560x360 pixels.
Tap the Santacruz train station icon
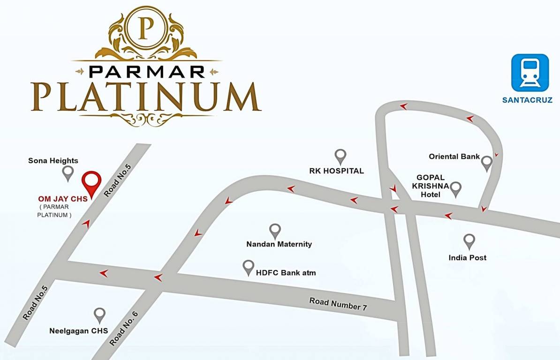coord(530,73)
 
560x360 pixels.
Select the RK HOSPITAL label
coord(336,171)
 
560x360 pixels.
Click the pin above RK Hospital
coord(340,156)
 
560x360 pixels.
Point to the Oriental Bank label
coord(454,156)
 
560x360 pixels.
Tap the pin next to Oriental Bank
coord(487,162)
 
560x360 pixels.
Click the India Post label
coord(467,257)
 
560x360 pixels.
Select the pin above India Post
coord(469,241)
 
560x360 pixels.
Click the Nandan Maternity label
coord(279,244)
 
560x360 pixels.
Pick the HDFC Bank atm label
coord(286,272)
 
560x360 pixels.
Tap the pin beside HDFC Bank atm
coord(248,267)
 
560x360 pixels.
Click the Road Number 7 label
coord(338,304)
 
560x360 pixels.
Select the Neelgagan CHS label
coord(79,331)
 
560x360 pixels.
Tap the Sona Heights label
coord(53,161)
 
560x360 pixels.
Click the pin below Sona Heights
coord(68,172)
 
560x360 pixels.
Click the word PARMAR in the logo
coord(146,71)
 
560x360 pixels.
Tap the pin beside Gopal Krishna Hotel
coord(455,188)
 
